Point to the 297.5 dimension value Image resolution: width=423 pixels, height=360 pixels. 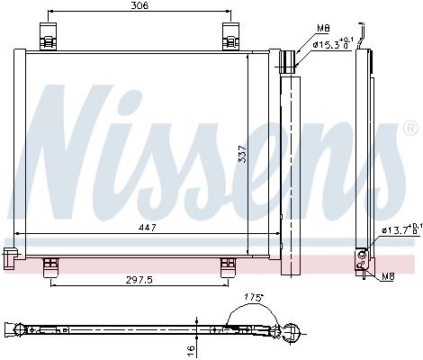click(138, 280)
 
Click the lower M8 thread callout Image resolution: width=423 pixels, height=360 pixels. click(387, 277)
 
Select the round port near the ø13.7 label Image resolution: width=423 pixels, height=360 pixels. click(361, 254)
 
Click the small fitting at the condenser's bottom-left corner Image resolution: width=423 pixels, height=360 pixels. click(12, 256)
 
